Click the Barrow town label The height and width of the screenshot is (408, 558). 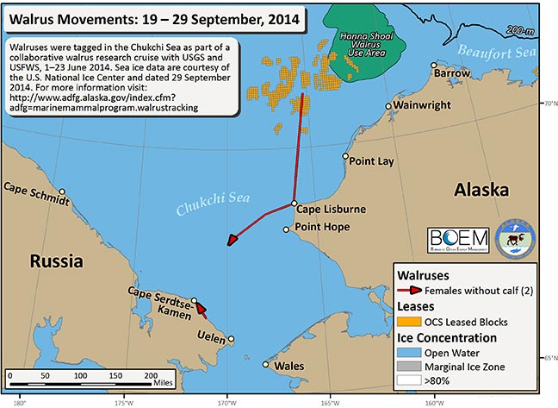pos(453,74)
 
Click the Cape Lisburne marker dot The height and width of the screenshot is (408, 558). pos(294,204)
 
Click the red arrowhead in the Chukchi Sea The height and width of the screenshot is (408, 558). pos(230,241)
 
